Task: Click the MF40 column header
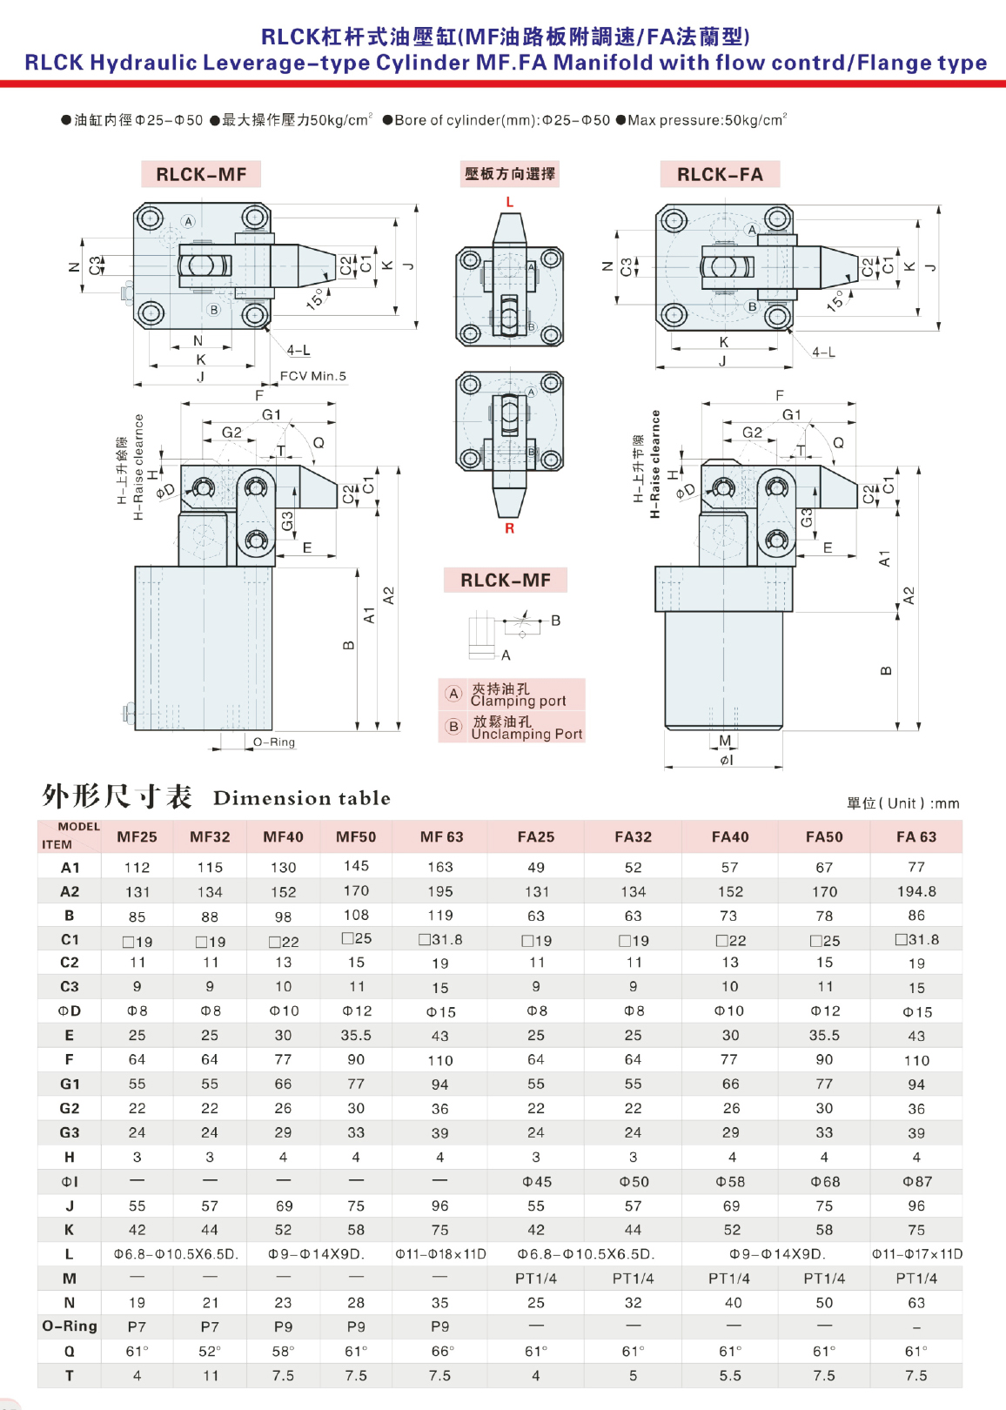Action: [283, 837]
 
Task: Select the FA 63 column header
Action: [915, 837]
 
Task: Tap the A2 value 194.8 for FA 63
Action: [915, 892]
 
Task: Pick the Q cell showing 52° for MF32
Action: [210, 1352]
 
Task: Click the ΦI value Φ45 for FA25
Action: [536, 1182]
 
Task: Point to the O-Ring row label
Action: [70, 1326]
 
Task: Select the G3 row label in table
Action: [70, 1133]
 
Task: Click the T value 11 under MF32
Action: [210, 1376]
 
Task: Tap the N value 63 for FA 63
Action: [915, 1303]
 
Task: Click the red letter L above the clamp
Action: [510, 202]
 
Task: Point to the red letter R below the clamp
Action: [509, 528]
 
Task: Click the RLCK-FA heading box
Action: [720, 174]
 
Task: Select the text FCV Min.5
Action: [313, 377]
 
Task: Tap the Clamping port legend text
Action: [518, 701]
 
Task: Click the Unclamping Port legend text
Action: [526, 734]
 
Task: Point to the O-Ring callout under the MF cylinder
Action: [274, 742]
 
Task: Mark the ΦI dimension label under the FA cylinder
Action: [726, 760]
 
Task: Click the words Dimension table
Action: [301, 798]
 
